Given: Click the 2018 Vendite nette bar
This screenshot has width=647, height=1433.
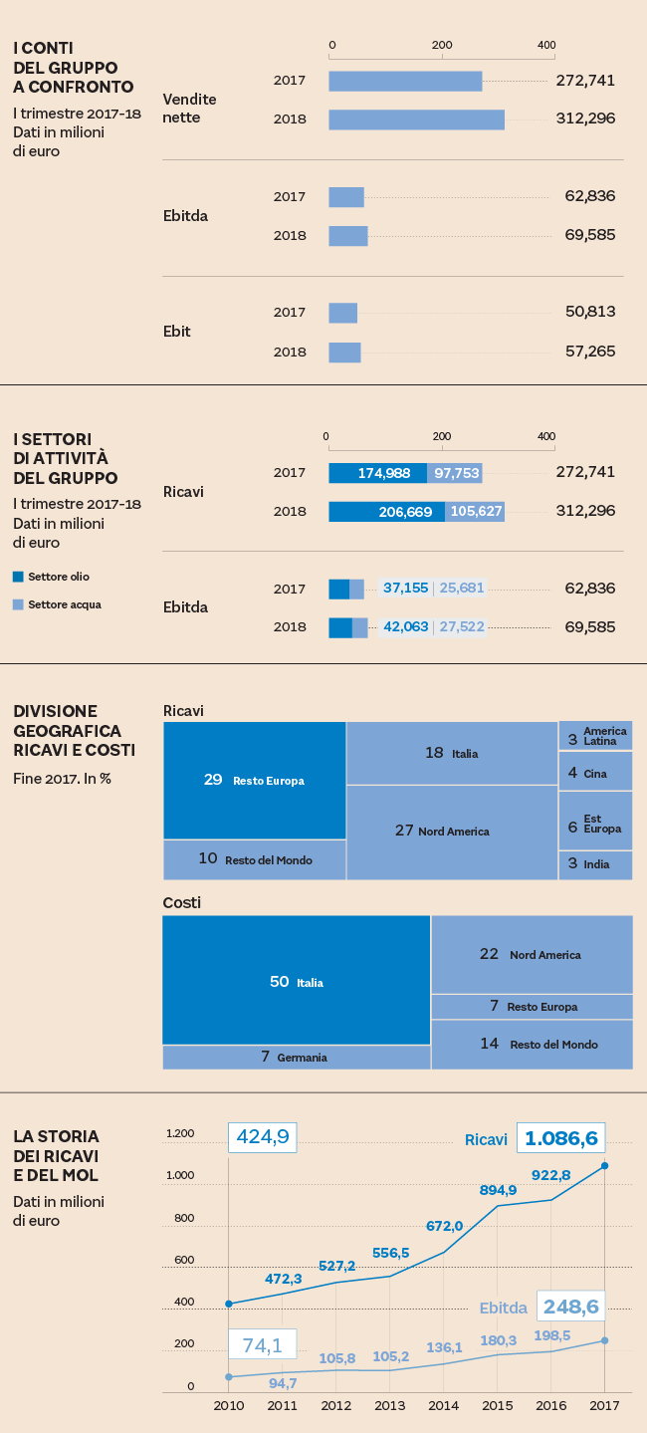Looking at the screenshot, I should click(x=416, y=119).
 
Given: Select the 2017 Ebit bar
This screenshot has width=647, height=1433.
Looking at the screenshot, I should click(x=342, y=313).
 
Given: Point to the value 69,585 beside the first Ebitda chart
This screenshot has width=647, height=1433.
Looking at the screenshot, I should click(x=589, y=236).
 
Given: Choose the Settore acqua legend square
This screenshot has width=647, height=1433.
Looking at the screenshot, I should click(x=18, y=604).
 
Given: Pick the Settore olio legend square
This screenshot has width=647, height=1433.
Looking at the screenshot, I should click(x=18, y=577).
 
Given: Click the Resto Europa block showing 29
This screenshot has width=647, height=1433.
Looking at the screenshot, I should click(x=254, y=780).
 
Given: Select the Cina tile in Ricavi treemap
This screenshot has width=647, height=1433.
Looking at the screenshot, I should click(x=595, y=773).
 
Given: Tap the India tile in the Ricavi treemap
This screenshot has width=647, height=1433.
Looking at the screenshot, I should click(x=595, y=864).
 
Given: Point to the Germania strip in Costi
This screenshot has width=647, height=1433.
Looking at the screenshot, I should click(x=296, y=1057).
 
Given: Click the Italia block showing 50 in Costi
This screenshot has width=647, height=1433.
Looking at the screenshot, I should click(x=296, y=982).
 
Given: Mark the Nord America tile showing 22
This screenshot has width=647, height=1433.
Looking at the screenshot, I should click(x=532, y=954).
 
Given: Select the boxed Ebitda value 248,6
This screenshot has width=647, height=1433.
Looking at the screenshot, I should click(x=570, y=1306).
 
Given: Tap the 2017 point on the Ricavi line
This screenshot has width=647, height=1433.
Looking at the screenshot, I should click(x=604, y=1165).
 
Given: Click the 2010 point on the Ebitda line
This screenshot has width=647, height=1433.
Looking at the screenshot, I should click(x=229, y=1377).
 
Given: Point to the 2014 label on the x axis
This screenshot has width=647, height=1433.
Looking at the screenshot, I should click(x=443, y=1405).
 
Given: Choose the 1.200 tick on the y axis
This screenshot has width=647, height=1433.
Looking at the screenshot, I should click(x=180, y=1133).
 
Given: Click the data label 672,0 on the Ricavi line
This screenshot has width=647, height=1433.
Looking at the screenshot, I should click(x=444, y=1226).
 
